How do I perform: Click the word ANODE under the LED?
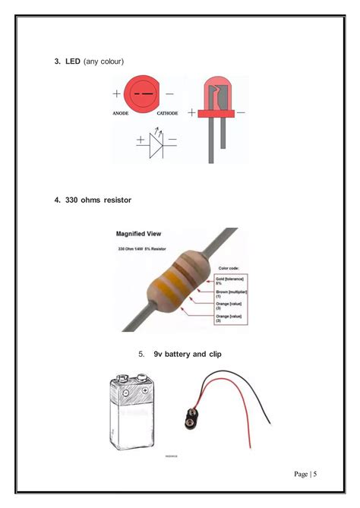click(x=120, y=113)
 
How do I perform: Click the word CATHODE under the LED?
click(x=167, y=113)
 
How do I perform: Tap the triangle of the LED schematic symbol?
click(x=156, y=141)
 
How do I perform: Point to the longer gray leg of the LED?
click(x=212, y=140)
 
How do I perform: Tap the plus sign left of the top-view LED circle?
click(x=116, y=94)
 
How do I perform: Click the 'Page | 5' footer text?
click(x=305, y=475)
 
